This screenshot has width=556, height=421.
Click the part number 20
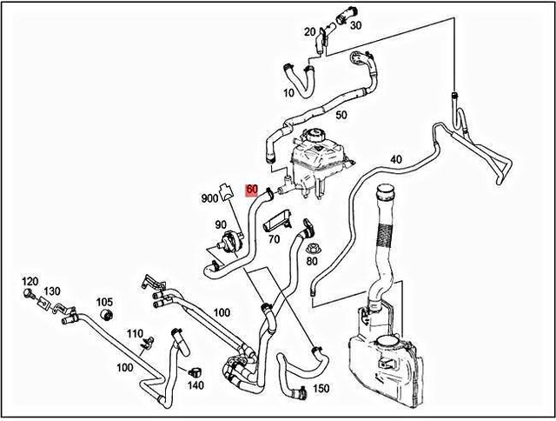click(310, 32)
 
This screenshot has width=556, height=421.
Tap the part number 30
click(355, 26)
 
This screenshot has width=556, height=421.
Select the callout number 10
click(288, 93)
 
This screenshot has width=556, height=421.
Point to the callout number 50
click(341, 115)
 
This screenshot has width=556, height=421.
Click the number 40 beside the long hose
click(395, 159)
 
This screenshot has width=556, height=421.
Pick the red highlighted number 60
click(252, 190)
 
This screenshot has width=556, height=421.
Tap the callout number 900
click(209, 198)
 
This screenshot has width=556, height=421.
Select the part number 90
click(221, 226)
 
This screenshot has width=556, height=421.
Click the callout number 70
click(274, 238)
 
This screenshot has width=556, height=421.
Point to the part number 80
click(313, 258)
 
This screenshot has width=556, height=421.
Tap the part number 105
click(104, 301)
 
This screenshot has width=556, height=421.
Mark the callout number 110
click(135, 333)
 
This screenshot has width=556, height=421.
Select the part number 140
click(195, 384)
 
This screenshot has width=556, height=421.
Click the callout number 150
click(321, 389)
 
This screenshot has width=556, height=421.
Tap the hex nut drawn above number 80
click(312, 244)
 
